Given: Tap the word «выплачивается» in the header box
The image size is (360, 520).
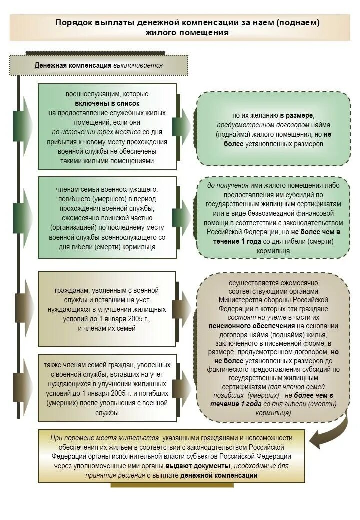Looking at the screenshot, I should click(x=137, y=65).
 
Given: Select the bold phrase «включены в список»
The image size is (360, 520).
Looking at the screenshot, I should click(x=107, y=103).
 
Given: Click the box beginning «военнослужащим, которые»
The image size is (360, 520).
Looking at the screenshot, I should click(x=107, y=127).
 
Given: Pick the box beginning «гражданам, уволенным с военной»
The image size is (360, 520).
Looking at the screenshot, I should click(x=107, y=309).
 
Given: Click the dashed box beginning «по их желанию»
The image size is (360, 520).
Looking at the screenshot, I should click(x=274, y=129).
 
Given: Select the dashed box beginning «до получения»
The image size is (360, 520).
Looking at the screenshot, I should click(x=274, y=218).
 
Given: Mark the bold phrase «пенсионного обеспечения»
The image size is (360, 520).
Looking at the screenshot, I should click(x=244, y=325).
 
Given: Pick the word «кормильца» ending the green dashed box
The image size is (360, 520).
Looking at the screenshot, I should click(x=274, y=251).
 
